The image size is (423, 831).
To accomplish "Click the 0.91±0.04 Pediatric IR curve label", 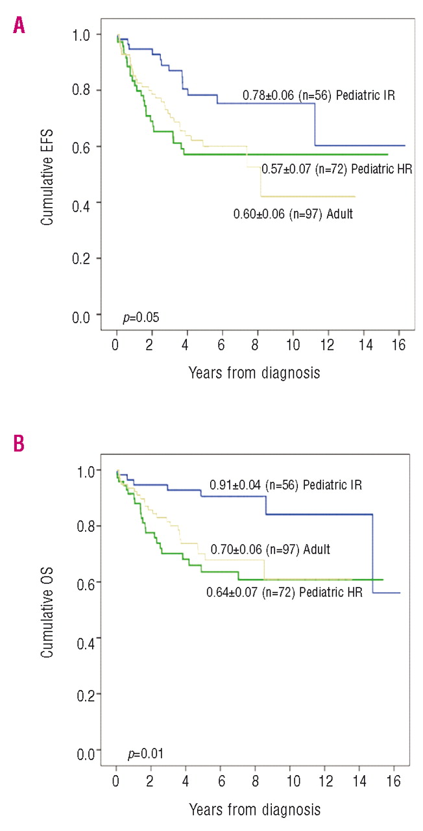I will [x=285, y=485].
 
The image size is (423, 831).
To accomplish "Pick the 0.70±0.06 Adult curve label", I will [x=270, y=549].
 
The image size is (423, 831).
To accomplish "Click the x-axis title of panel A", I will [x=254, y=373].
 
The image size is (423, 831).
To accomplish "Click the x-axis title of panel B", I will [x=254, y=809].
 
